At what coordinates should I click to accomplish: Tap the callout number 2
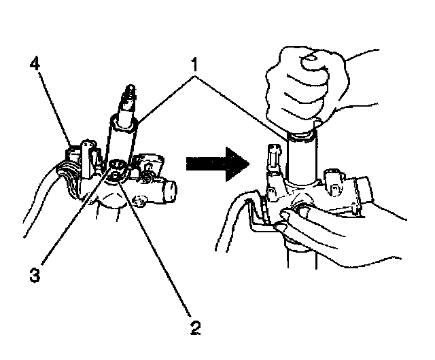point(195,328)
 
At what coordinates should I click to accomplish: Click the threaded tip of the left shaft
point(127,94)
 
